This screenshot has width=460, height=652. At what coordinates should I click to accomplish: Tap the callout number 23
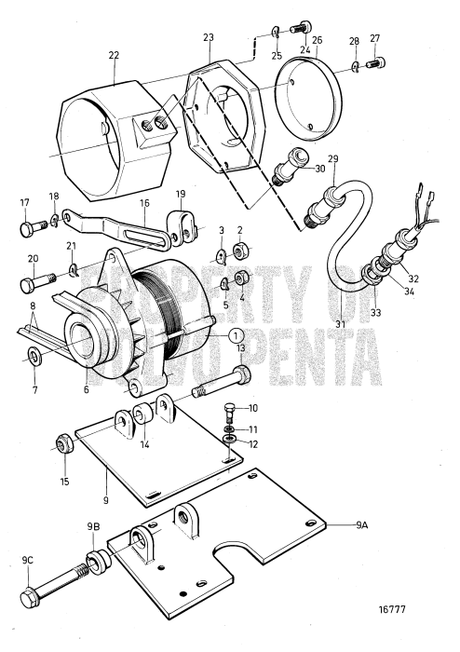(209, 38)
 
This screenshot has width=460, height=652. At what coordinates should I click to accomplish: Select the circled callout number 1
(237, 335)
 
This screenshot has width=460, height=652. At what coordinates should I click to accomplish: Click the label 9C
(29, 561)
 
